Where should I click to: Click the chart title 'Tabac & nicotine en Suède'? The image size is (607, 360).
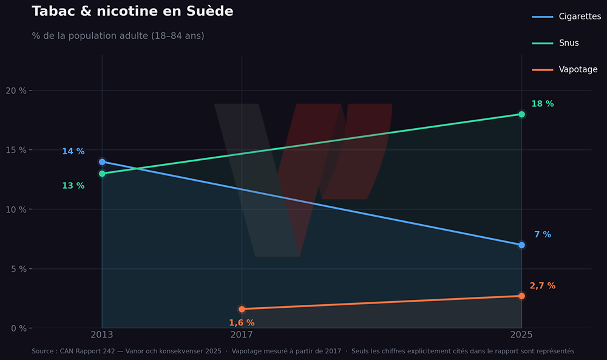click(x=132, y=12)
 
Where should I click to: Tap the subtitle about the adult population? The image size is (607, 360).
click(x=118, y=36)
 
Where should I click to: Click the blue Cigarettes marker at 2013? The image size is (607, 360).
click(x=102, y=162)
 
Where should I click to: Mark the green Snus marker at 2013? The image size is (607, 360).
click(x=102, y=174)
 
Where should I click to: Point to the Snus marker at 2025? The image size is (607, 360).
click(x=521, y=114)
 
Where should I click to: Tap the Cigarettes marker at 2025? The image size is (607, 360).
click(x=521, y=245)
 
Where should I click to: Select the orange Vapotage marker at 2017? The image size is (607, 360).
click(x=242, y=309)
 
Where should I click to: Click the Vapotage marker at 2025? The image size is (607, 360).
click(x=521, y=296)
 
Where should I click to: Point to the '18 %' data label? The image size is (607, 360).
click(x=542, y=104)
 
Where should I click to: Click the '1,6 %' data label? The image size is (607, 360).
click(x=242, y=323)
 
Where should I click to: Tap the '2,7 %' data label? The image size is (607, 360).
click(x=542, y=286)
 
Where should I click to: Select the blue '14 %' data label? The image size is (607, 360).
click(x=73, y=151)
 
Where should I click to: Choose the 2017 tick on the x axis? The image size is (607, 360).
click(x=242, y=335)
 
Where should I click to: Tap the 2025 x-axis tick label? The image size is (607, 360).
click(x=521, y=335)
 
